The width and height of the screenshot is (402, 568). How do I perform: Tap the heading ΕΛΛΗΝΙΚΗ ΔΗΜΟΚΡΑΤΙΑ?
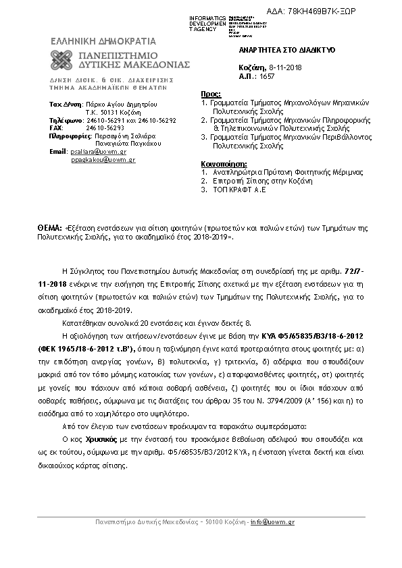tap(103, 40)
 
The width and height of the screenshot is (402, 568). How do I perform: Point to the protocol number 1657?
tap(268, 77)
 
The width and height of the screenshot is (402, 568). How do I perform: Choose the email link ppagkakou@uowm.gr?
tap(103, 160)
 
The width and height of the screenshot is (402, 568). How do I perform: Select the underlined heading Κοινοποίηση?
tap(224, 164)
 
